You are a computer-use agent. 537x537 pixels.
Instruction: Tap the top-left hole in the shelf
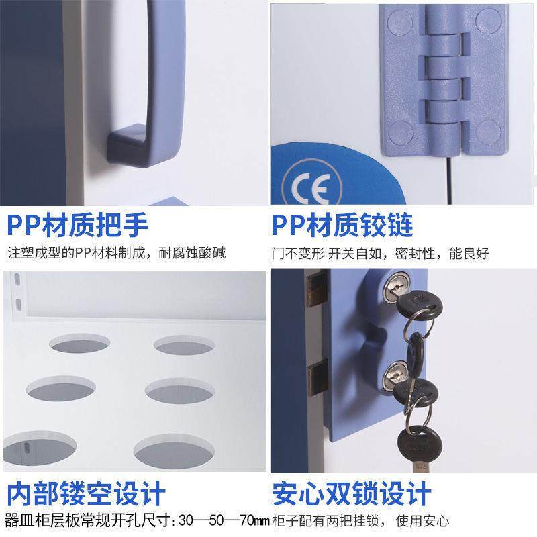77,344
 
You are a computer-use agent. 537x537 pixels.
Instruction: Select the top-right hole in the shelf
181,344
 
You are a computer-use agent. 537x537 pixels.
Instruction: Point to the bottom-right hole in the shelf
165,448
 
